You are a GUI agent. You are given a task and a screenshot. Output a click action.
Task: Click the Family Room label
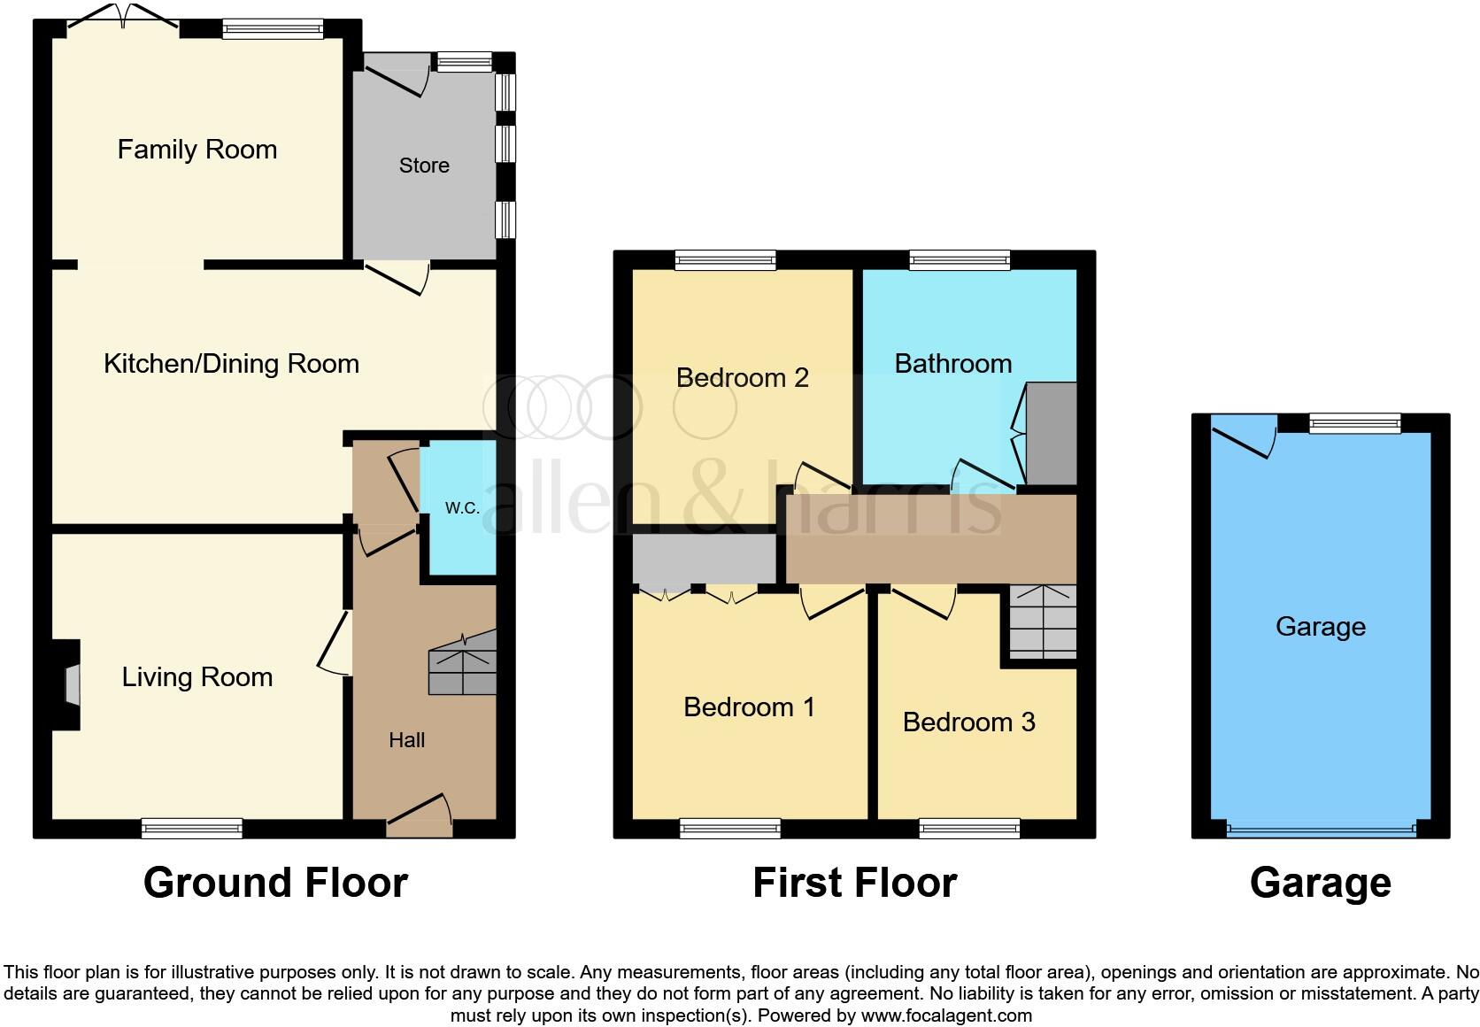[197, 149]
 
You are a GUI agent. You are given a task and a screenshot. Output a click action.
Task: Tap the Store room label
[424, 166]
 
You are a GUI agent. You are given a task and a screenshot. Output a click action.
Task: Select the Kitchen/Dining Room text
[231, 364]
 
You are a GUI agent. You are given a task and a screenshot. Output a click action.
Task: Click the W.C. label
[462, 507]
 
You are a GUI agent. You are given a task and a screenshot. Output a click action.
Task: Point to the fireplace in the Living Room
[70, 685]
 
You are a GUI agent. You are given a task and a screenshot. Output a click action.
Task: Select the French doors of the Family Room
[124, 19]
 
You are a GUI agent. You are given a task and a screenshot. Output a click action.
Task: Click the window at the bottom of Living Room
[191, 828]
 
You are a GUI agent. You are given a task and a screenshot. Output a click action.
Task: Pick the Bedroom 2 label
[742, 378]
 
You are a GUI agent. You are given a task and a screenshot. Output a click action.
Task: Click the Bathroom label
[952, 364]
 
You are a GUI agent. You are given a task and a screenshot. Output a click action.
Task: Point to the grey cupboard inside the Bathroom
[1052, 434]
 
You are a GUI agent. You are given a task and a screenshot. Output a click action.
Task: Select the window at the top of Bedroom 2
[725, 259]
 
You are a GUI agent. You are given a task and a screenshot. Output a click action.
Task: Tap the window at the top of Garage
[1355, 424]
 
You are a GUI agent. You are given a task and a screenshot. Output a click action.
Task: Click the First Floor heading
[854, 883]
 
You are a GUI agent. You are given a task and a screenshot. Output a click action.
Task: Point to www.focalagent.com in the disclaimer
[946, 1015]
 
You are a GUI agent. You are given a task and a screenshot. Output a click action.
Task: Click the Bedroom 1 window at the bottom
[730, 828]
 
